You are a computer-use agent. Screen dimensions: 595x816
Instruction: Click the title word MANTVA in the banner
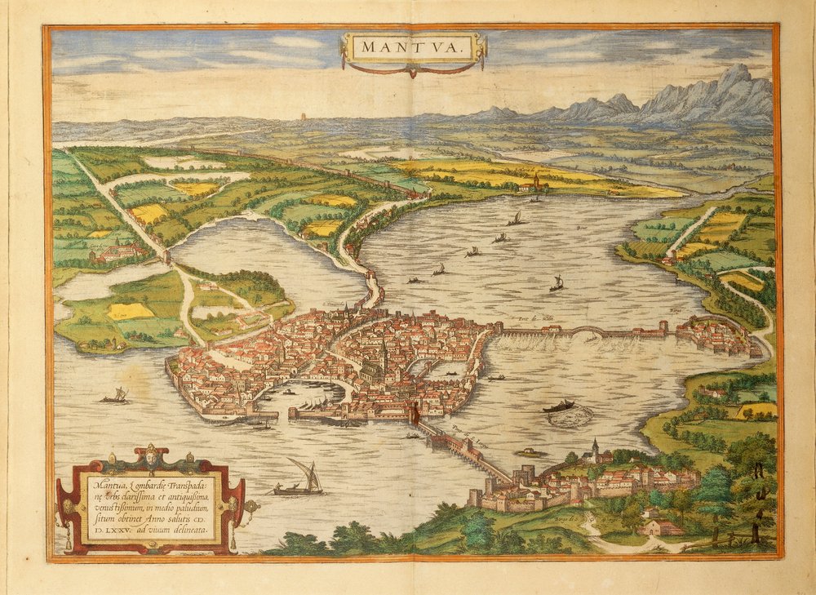pos(412,49)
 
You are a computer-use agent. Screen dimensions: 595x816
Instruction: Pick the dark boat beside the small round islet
pos(560,406)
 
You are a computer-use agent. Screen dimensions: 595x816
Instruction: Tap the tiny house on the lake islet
pos(531,451)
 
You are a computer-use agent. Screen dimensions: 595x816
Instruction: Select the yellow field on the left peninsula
pos(131,311)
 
